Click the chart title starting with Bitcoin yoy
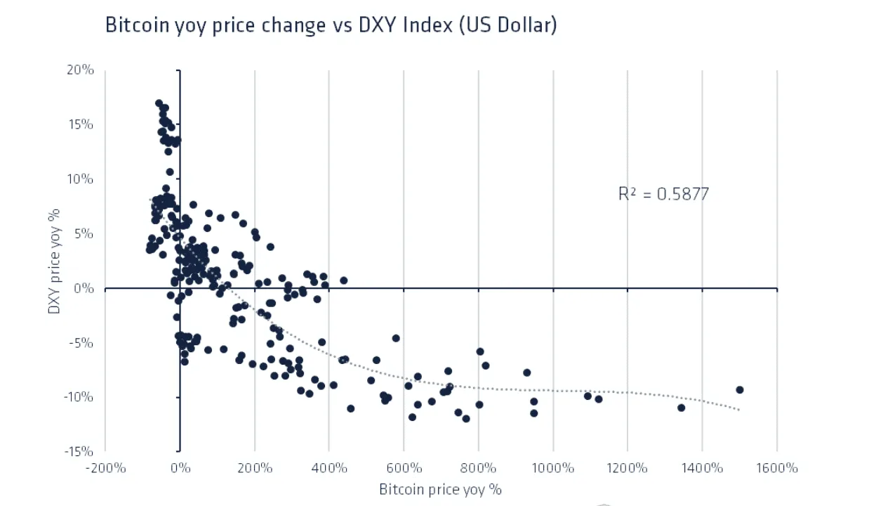click(331, 25)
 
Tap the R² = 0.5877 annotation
click(663, 194)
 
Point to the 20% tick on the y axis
click(81, 70)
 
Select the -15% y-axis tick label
click(79, 451)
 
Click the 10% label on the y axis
click(81, 179)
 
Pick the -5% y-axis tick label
click(81, 343)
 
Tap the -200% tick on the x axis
click(106, 468)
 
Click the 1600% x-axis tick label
click(777, 468)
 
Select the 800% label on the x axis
click(478, 468)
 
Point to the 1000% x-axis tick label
click(553, 468)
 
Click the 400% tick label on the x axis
click(329, 468)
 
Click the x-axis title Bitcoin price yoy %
click(440, 489)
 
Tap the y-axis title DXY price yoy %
click(53, 261)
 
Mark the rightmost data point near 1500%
click(740, 390)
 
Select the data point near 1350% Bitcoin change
click(681, 408)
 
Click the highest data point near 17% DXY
click(159, 103)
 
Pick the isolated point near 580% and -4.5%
click(396, 338)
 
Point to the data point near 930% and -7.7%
click(526, 372)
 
